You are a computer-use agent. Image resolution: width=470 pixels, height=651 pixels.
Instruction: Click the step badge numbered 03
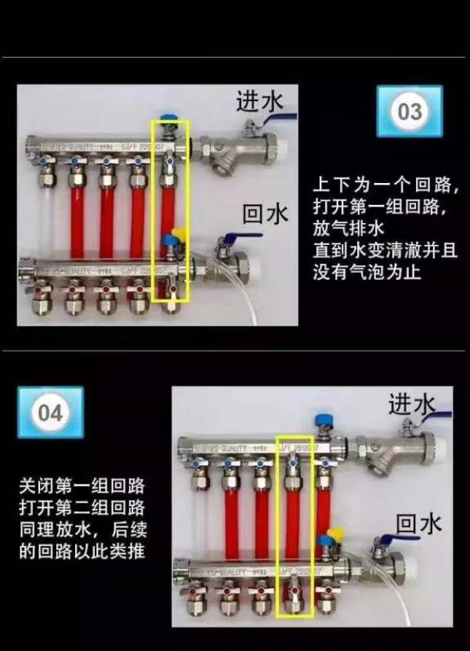[410, 112]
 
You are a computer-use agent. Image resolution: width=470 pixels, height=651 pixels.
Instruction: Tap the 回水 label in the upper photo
[266, 213]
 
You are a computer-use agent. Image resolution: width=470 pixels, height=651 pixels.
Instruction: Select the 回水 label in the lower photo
[418, 522]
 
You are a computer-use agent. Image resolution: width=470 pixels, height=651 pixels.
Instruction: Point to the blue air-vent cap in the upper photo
[169, 123]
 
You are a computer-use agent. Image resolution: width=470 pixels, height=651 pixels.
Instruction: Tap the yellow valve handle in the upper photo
[176, 232]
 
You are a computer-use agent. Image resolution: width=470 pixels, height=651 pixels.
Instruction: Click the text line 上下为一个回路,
[385, 186]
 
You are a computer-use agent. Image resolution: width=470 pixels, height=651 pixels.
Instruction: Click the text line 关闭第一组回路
[82, 485]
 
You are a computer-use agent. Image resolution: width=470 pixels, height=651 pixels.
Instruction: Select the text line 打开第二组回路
[82, 507]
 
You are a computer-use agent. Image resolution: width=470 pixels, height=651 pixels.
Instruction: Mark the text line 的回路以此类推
[82, 551]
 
